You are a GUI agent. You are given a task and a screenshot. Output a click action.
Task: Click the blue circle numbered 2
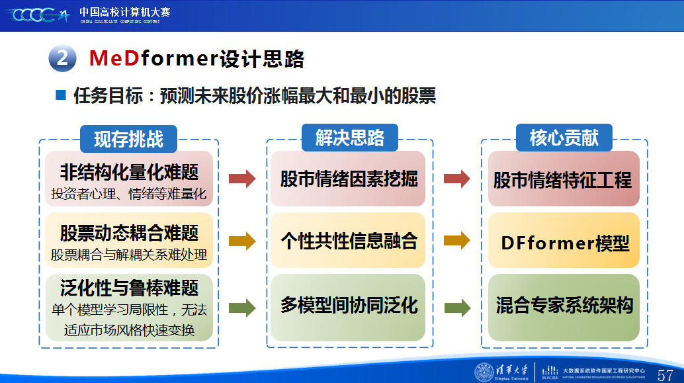(62, 58)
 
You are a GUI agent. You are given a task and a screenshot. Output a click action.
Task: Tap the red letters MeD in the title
(114, 58)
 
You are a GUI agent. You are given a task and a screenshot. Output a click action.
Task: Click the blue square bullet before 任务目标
(61, 95)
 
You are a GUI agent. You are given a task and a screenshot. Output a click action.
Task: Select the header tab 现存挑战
(129, 139)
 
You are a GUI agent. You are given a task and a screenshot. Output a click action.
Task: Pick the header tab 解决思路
(350, 138)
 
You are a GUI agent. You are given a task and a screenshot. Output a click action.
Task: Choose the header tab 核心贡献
(564, 138)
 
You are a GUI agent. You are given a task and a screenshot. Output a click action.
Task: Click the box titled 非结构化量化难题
(129, 179)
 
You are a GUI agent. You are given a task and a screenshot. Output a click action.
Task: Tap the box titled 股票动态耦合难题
(129, 240)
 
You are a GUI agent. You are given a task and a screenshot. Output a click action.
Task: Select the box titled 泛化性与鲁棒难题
(129, 308)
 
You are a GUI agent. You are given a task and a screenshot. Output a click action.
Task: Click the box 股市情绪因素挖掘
(348, 179)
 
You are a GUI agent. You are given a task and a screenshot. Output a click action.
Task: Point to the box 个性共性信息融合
(348, 240)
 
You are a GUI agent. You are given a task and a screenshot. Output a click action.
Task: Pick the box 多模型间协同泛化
(348, 308)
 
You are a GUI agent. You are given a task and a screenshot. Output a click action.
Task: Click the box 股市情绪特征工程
(564, 179)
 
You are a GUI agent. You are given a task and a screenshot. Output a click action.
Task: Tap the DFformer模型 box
(564, 240)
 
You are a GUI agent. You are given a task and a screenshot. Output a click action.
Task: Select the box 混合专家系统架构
(564, 308)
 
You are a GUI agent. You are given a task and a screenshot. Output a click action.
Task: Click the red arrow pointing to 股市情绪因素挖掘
(242, 179)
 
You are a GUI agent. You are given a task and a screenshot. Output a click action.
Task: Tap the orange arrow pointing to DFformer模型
(456, 240)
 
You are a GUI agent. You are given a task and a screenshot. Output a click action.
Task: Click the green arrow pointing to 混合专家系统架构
(457, 308)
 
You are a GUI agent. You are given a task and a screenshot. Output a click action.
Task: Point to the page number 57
(665, 374)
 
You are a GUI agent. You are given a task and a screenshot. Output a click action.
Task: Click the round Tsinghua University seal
(484, 372)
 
